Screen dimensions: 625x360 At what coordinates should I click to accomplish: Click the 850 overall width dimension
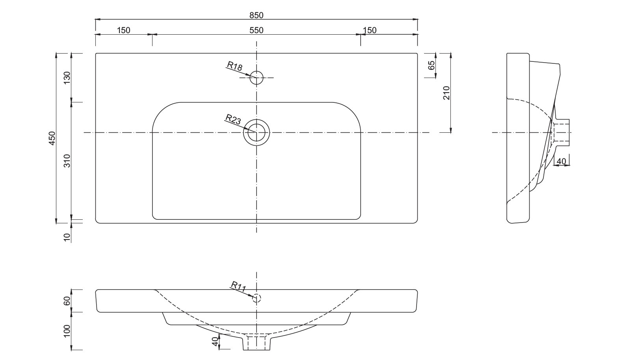256,15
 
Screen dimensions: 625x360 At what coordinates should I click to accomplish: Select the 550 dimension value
256,30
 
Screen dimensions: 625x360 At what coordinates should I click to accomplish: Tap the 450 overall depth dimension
52,138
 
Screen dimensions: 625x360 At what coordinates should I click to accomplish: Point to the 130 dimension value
67,78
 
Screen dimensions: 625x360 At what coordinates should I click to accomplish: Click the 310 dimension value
67,161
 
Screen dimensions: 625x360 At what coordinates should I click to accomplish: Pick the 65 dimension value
431,65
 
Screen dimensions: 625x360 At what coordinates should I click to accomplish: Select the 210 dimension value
446,93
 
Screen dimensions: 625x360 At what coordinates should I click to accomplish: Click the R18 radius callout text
234,66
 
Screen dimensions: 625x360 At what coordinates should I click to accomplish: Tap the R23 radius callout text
233,119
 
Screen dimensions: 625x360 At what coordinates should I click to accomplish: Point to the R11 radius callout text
238,286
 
